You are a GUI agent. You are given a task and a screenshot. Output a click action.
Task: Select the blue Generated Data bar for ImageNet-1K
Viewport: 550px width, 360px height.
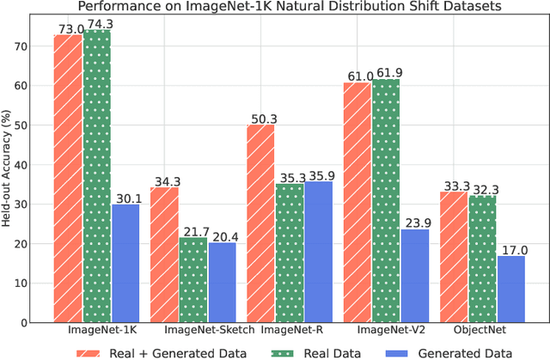125,262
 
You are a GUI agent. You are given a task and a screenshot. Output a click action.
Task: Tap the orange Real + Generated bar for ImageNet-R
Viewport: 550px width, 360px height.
261,223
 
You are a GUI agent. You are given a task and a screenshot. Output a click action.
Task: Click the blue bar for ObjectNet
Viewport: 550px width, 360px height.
511,288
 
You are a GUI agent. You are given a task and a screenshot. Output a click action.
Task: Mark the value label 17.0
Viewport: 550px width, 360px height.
512,249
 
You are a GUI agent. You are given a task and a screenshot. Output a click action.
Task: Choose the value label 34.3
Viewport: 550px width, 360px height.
165,180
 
